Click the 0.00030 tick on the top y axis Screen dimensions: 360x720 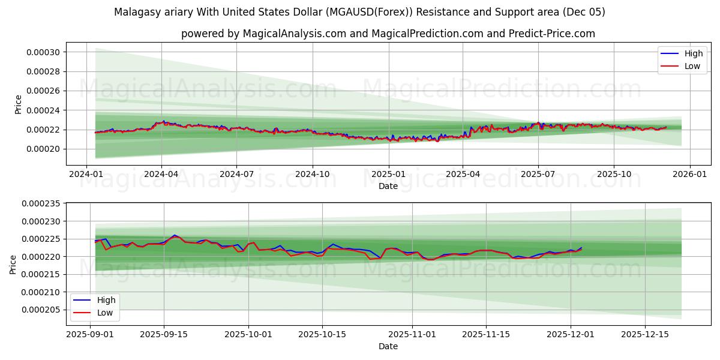pyautogui.click(x=43, y=52)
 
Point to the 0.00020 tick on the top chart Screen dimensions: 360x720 pyautogui.click(x=43, y=149)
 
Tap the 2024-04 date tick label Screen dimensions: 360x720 pyautogui.click(x=161, y=174)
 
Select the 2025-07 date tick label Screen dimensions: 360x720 pyautogui.click(x=538, y=174)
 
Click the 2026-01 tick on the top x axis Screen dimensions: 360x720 pyautogui.click(x=689, y=174)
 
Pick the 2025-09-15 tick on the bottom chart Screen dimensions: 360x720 pyautogui.click(x=164, y=334)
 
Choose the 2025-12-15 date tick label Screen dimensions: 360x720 pyautogui.click(x=645, y=334)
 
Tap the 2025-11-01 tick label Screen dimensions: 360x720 pyautogui.click(x=412, y=334)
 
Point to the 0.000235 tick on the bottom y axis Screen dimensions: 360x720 pyautogui.click(x=40, y=204)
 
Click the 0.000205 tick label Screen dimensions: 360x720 pyautogui.click(x=40, y=310)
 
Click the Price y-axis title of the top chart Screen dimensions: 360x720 pyautogui.click(x=18, y=104)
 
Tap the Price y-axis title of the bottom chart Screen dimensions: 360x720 pyautogui.click(x=13, y=265)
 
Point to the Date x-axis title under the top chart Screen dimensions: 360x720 pyautogui.click(x=388, y=187)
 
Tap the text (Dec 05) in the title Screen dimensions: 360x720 pyautogui.click(x=584, y=12)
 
